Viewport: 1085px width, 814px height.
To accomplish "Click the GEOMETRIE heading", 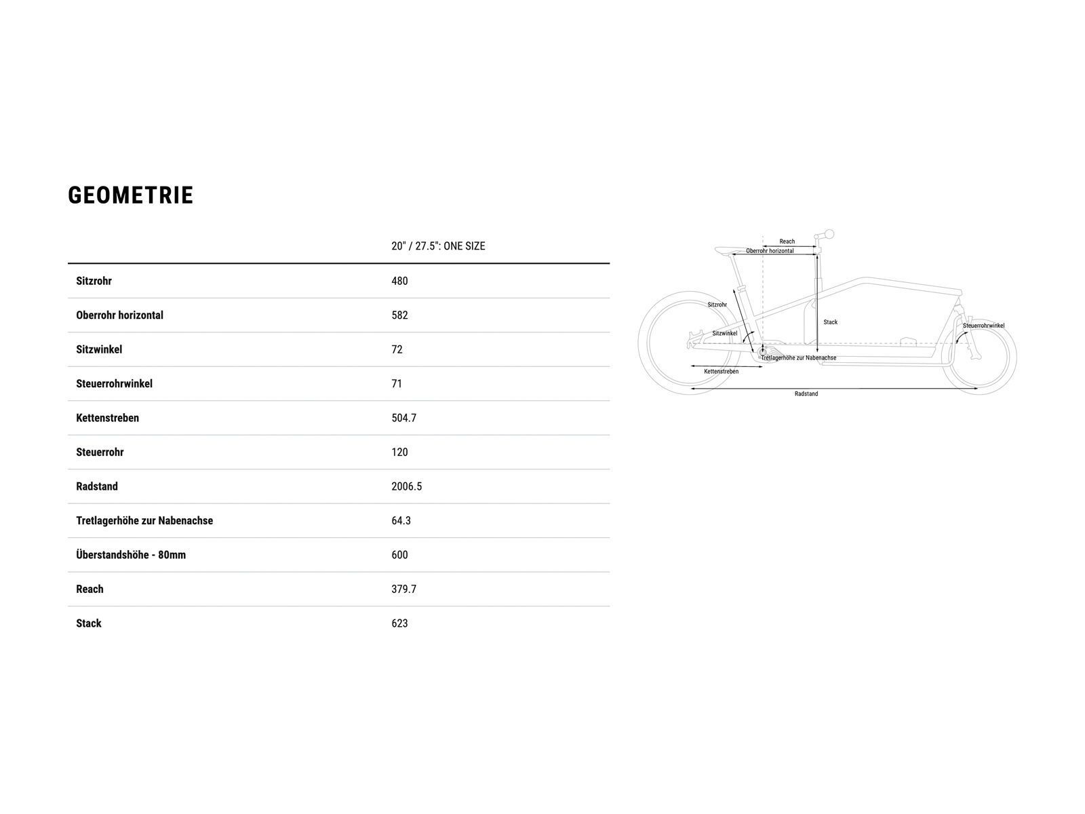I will pos(131,195).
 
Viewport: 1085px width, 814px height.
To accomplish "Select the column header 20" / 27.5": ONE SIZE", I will pos(438,246).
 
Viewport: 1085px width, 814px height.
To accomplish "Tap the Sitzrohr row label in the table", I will pos(94,281).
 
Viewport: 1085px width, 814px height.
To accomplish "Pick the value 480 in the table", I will pos(399,281).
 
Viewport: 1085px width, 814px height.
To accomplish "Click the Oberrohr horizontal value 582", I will pos(399,315).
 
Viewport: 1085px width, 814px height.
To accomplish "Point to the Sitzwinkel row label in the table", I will pos(99,349).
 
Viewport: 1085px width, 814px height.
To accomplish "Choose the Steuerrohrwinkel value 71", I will pos(397,384).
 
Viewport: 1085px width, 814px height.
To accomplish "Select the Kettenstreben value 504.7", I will pos(403,418).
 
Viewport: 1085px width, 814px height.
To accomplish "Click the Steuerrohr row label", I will pos(100,452).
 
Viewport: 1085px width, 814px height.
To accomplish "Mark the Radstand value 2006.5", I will pos(406,486).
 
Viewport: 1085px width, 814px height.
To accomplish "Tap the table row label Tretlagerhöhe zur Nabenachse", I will pos(144,521).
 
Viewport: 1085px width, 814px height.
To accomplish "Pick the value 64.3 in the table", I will pos(401,521).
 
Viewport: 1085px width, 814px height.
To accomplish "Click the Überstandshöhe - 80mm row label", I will pos(131,555).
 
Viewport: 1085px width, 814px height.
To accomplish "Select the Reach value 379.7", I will pos(403,589).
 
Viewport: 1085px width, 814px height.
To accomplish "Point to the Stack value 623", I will pos(399,623).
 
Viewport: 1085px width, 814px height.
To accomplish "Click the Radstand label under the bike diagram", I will pos(806,394).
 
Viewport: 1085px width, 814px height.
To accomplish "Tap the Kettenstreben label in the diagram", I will pos(721,372).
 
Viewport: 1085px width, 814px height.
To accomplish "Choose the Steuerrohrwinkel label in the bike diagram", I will pos(983,326).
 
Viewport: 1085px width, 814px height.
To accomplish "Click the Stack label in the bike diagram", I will pos(830,322).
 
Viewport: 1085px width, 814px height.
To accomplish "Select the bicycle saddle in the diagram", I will pos(728,249).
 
